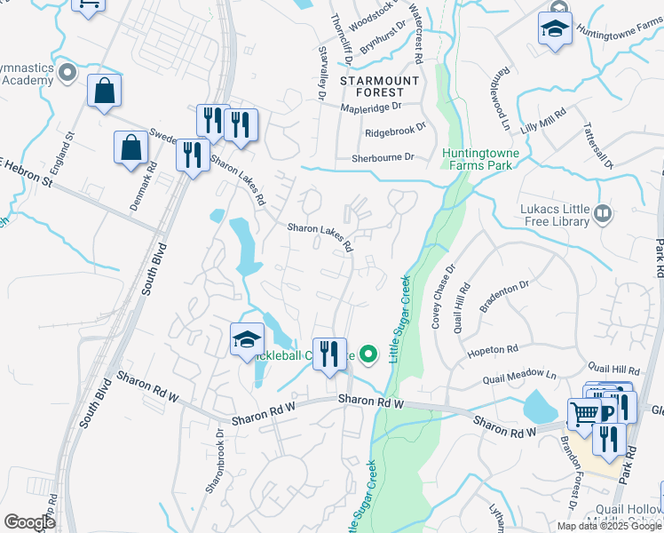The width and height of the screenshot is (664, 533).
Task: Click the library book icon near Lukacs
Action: tap(603, 212)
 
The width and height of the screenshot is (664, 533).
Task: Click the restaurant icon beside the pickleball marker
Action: tap(329, 354)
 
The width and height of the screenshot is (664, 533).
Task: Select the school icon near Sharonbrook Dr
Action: tap(248, 339)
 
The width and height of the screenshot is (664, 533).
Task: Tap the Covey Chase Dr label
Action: tap(442, 297)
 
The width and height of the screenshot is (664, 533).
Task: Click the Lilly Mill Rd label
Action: tap(543, 120)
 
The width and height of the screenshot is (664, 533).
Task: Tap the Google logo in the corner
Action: tap(30, 522)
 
